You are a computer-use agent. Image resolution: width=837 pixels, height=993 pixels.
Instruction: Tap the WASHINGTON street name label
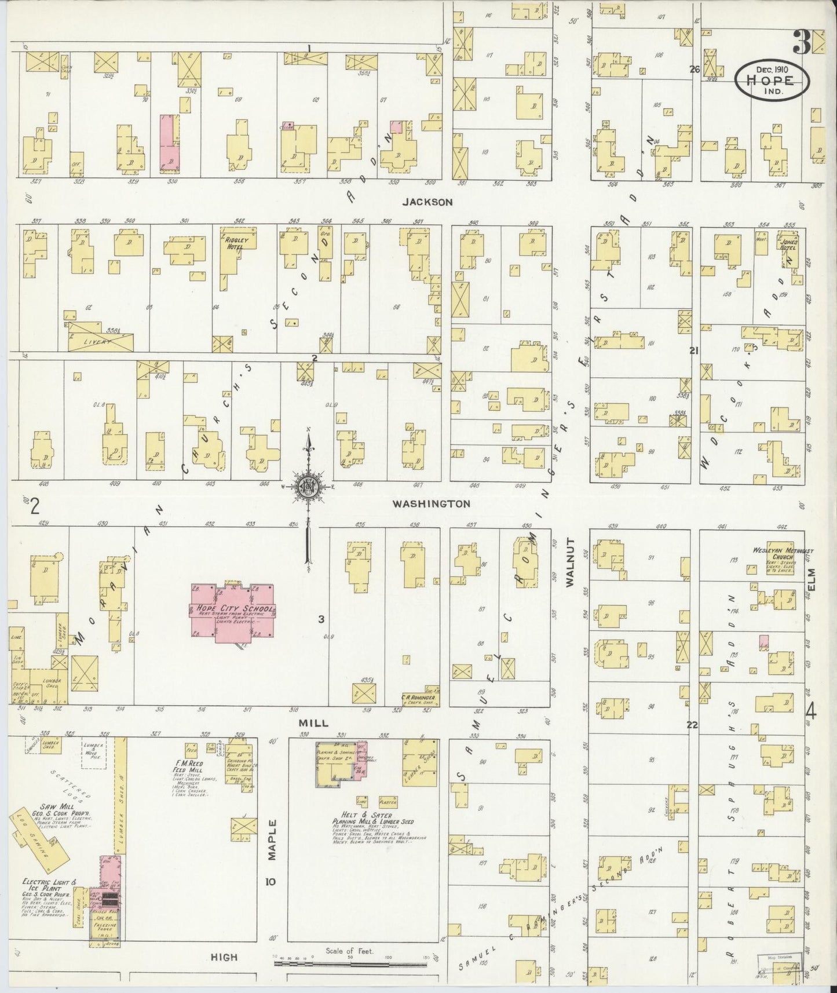coord(431,504)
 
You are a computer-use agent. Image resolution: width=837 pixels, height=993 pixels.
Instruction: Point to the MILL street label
coord(313,723)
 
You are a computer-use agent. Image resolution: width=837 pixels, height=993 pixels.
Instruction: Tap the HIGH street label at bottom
coord(224,957)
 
